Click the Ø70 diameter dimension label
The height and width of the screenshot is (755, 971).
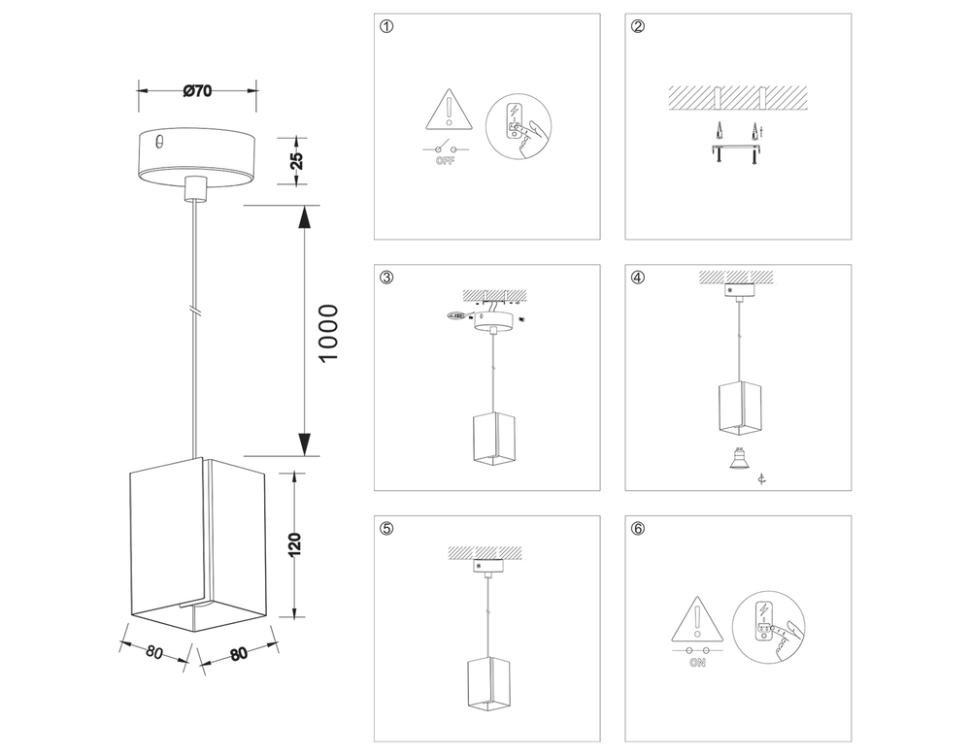[197, 91]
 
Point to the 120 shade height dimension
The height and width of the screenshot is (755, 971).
[295, 544]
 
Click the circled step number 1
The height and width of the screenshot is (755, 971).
[387, 27]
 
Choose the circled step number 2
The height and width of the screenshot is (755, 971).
[638, 27]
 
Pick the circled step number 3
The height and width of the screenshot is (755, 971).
[387, 279]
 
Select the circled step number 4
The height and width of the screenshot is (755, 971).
[638, 279]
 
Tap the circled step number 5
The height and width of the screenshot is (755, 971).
[387, 529]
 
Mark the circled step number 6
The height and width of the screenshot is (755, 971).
[638, 529]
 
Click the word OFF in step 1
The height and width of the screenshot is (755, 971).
[446, 162]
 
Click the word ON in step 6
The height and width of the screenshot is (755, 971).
[696, 664]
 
